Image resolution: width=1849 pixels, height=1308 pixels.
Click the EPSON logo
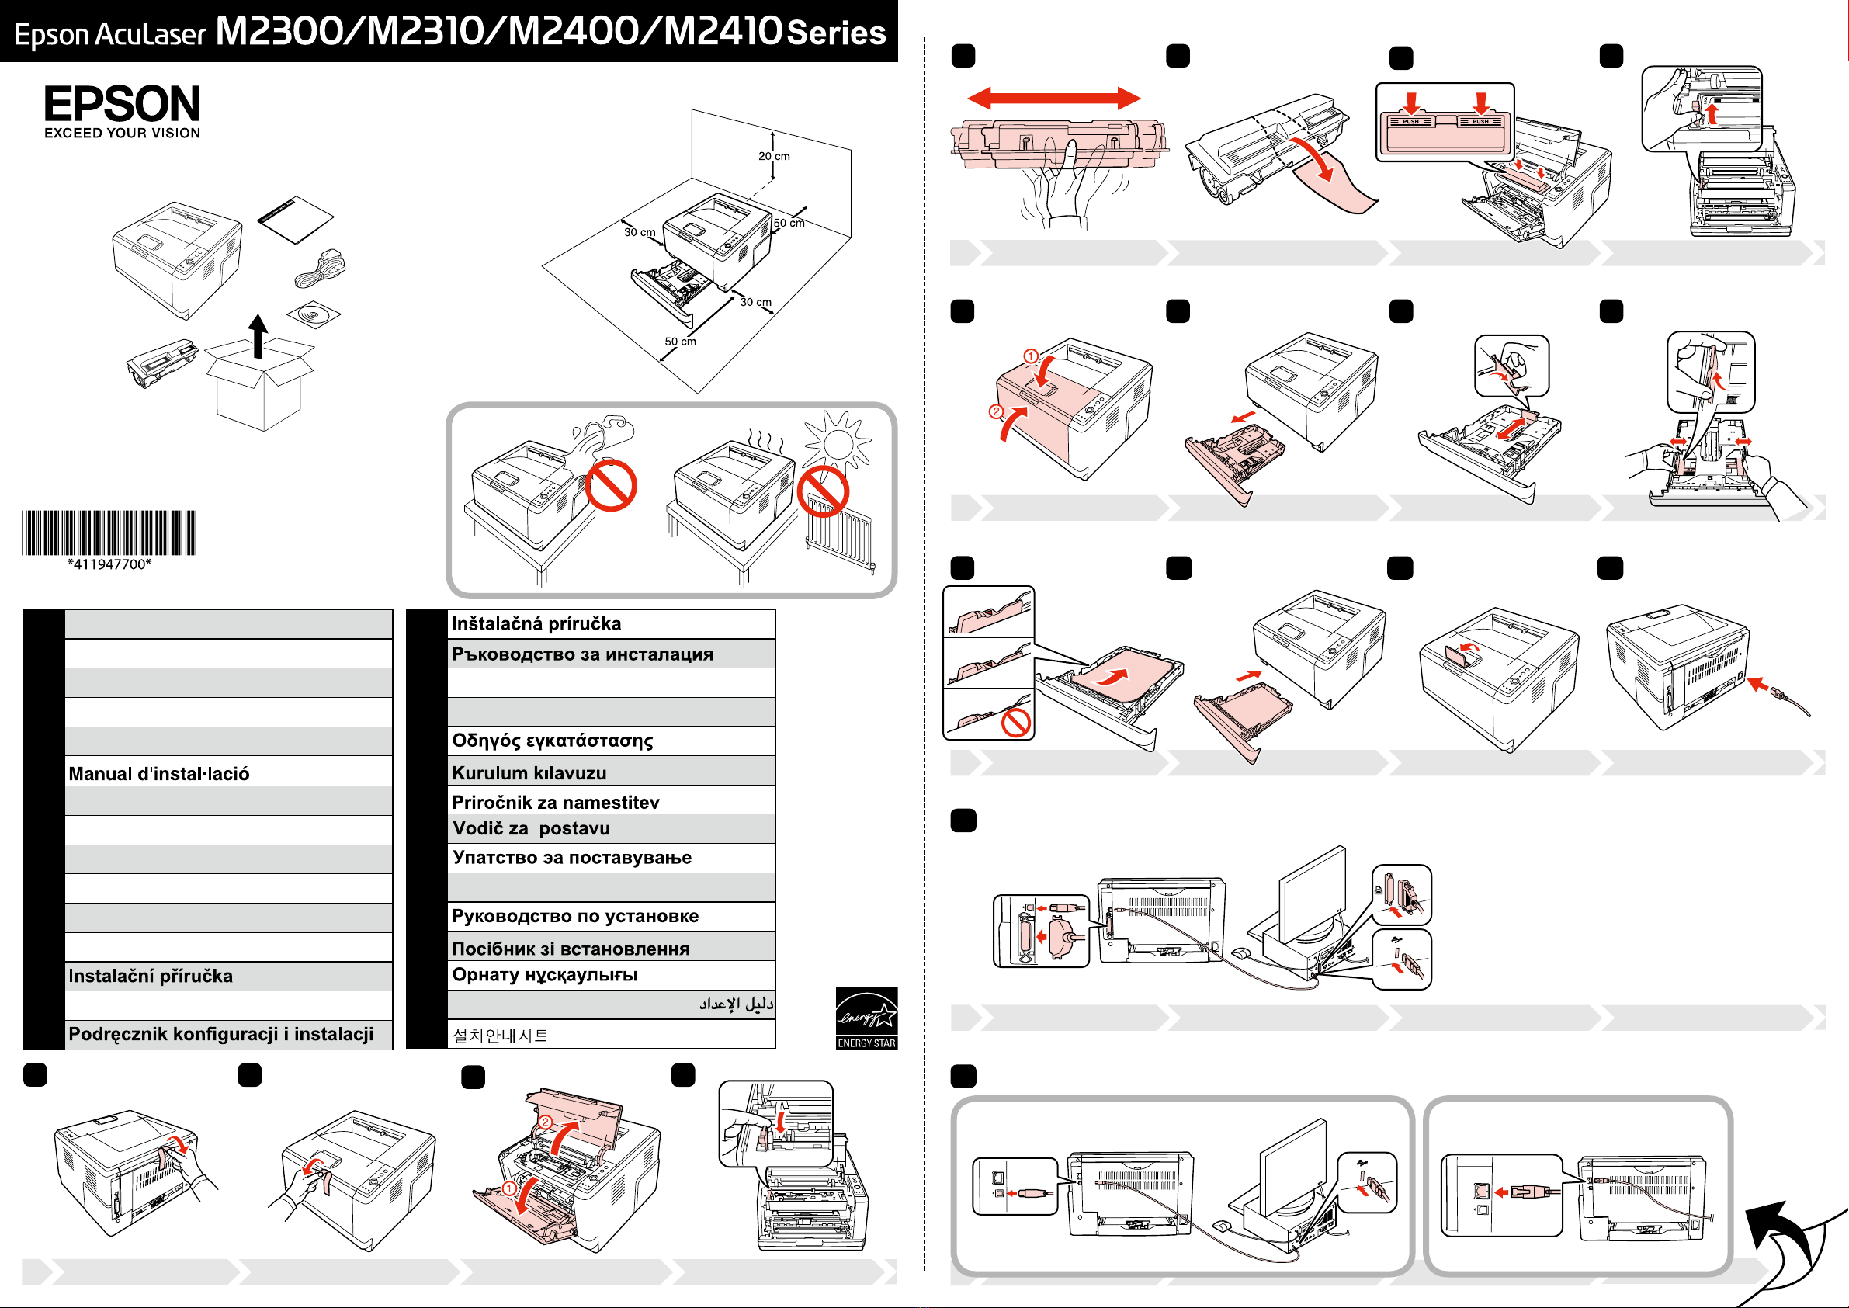(123, 104)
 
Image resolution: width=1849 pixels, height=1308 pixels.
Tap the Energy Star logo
(866, 1017)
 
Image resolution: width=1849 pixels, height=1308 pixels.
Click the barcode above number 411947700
(109, 533)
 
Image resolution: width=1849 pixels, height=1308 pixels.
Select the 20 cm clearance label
(774, 156)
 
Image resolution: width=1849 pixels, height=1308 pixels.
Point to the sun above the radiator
(838, 442)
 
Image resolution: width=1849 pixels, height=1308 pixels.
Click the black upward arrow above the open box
(258, 335)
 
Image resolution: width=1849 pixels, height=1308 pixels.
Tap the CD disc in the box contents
(314, 314)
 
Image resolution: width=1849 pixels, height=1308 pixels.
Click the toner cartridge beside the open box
(162, 363)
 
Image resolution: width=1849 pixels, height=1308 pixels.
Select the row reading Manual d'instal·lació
(228, 773)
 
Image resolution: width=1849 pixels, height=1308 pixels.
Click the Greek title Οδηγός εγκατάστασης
(553, 741)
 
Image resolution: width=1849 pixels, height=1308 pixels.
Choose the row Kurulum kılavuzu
(529, 773)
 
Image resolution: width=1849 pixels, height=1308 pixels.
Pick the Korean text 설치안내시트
(500, 1035)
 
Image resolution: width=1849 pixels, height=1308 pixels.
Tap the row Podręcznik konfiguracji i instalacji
(220, 1034)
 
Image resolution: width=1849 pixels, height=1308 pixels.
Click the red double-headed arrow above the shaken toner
(1053, 99)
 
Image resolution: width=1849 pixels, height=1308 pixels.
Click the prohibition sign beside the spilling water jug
(611, 485)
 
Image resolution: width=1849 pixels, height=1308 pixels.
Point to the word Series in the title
(836, 33)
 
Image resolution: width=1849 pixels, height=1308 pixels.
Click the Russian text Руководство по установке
(575, 917)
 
